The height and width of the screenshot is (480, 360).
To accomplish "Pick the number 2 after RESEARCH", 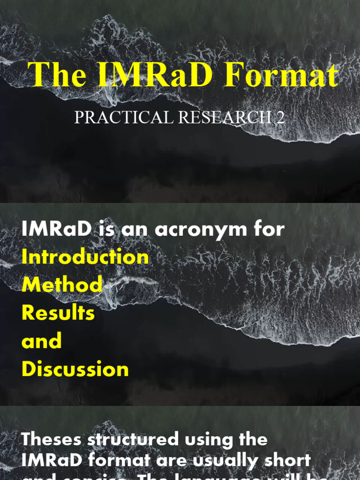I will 280,117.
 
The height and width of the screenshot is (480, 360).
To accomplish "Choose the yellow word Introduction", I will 85,257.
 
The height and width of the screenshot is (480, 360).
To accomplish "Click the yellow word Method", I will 62,285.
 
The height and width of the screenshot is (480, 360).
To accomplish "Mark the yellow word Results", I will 58,313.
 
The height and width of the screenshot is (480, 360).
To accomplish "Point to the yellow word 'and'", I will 42,341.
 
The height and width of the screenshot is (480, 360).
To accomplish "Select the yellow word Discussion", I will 75,369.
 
